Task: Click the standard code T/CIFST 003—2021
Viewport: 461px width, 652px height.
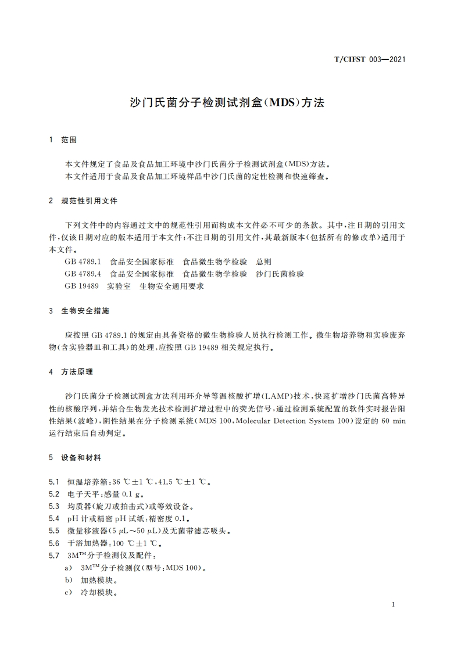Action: click(x=370, y=59)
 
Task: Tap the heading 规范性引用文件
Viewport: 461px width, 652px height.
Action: click(x=89, y=200)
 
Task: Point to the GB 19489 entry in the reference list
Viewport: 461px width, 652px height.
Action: click(x=82, y=286)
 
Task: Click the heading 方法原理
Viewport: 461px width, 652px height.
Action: click(x=77, y=371)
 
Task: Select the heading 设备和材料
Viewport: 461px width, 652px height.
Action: click(x=81, y=457)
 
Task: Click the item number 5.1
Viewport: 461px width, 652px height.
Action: click(x=55, y=482)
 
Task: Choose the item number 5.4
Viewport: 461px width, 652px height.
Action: click(x=55, y=518)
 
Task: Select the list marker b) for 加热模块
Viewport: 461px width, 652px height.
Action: click(x=69, y=580)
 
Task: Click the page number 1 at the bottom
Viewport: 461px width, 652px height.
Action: click(x=394, y=605)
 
